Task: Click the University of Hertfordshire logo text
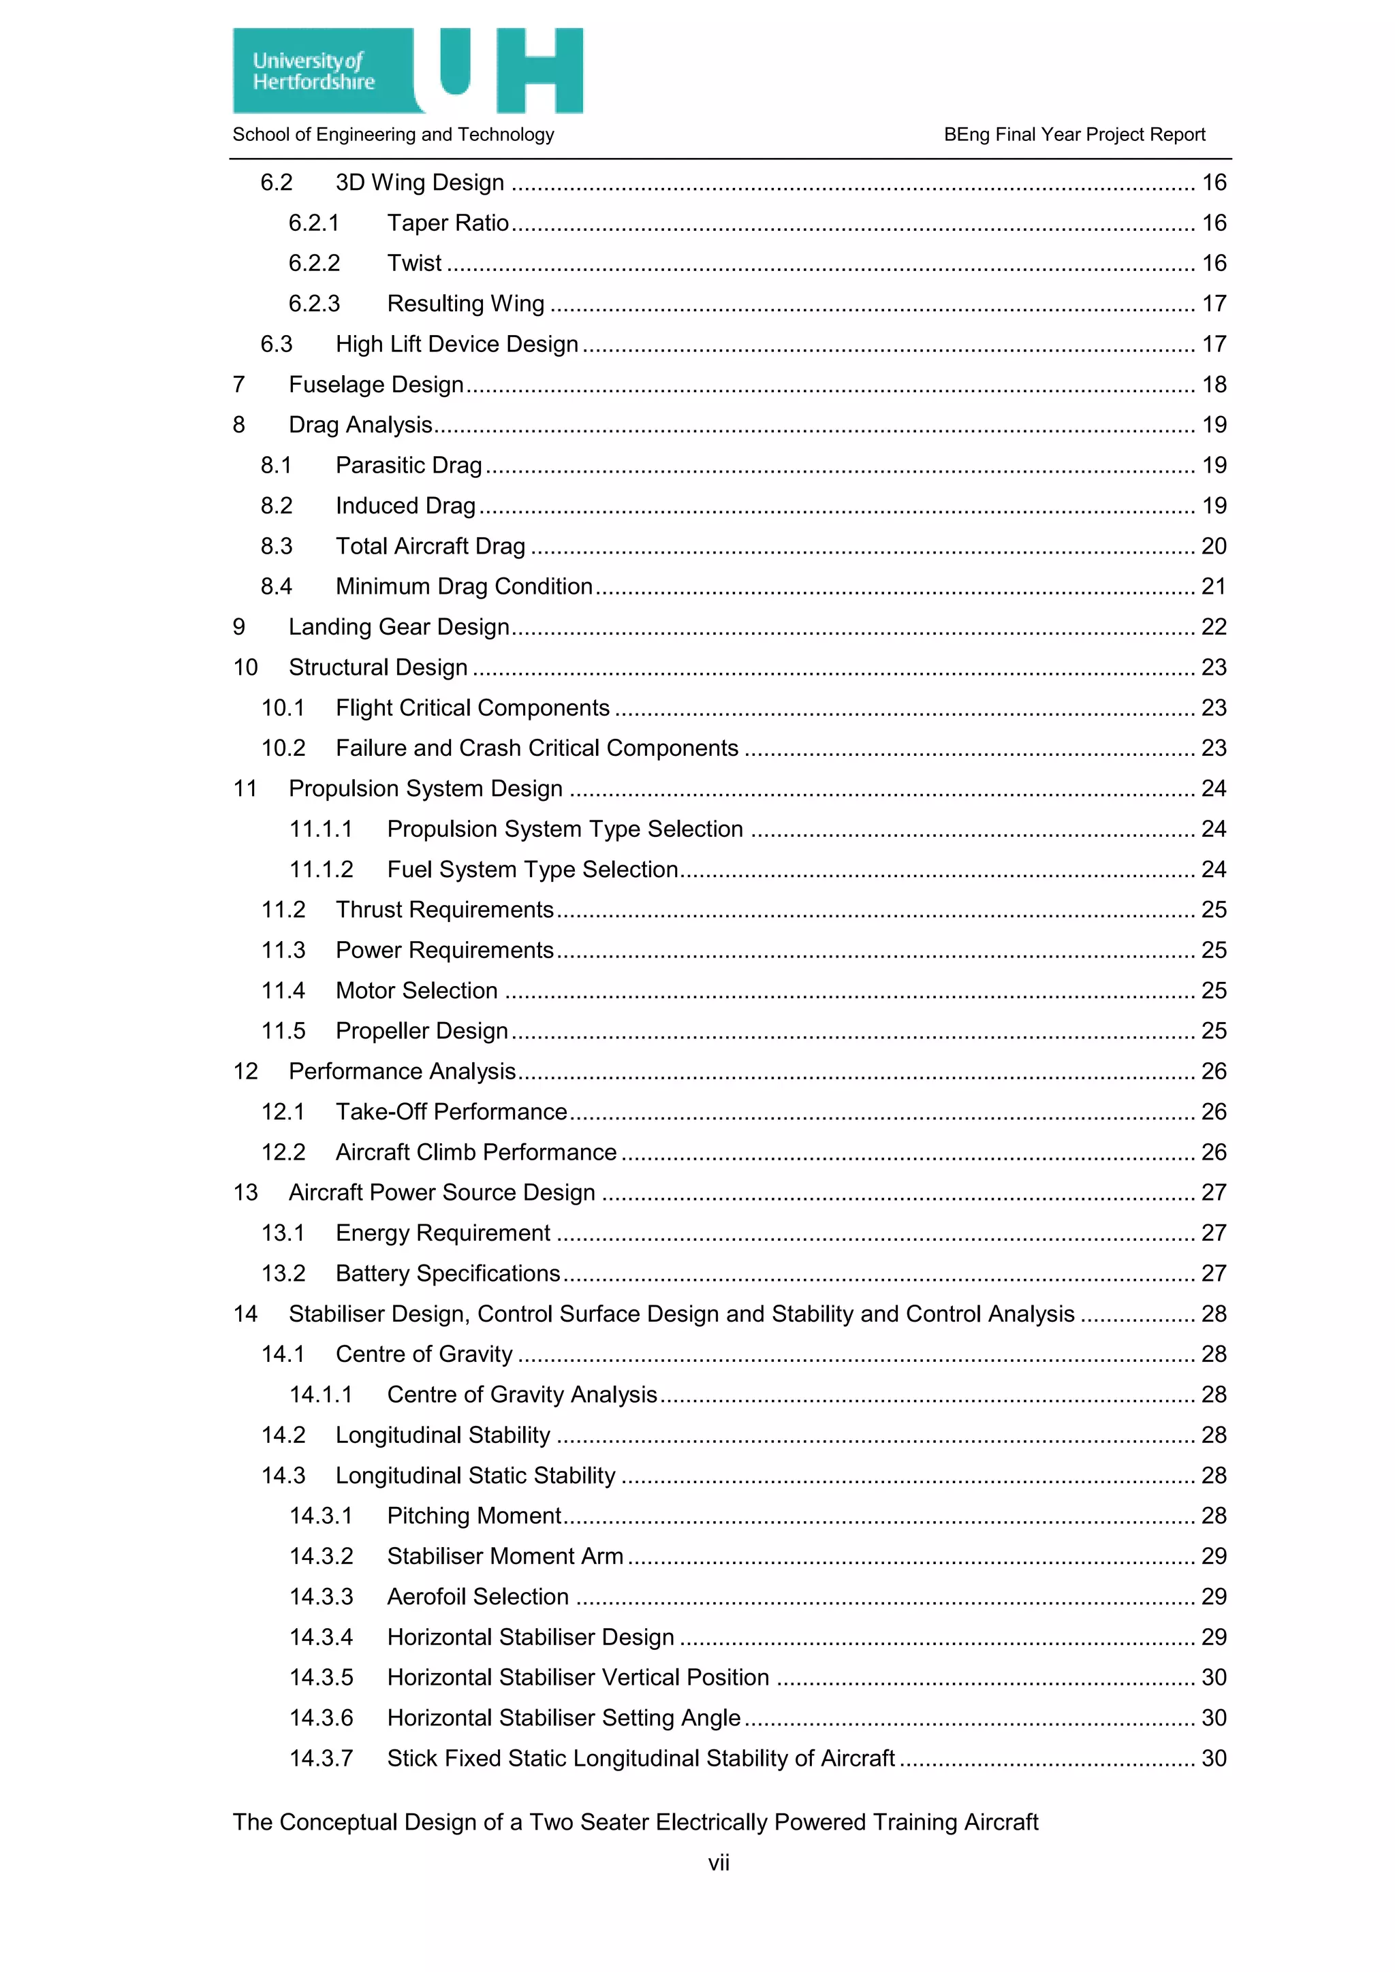(313, 71)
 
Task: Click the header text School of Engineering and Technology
(394, 135)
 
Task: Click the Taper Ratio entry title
(448, 223)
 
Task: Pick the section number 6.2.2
(315, 264)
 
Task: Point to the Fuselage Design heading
(375, 385)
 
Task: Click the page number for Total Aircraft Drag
(1213, 546)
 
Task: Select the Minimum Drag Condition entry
(464, 586)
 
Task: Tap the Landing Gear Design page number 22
(1213, 627)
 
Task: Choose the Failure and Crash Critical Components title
(537, 748)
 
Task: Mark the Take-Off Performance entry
(451, 1111)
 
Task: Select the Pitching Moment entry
(473, 1515)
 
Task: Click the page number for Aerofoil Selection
(1213, 1596)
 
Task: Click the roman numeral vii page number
(718, 1862)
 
